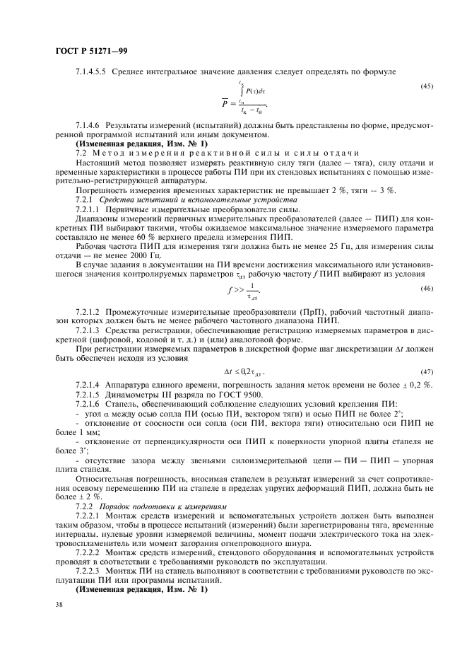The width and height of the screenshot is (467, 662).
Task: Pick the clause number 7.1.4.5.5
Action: click(x=93, y=71)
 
